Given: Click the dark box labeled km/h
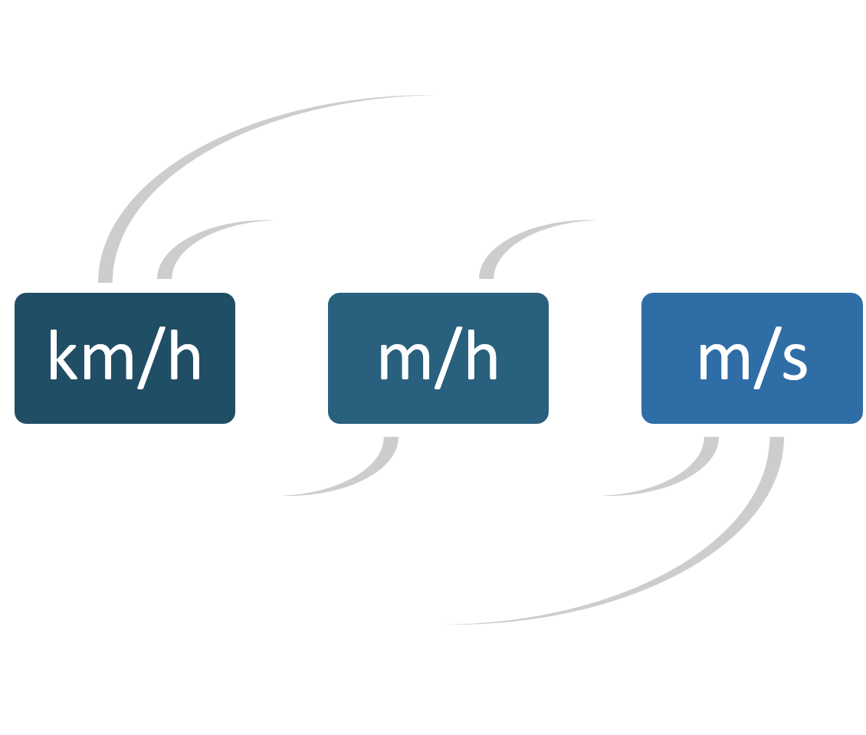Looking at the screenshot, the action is [x=125, y=359].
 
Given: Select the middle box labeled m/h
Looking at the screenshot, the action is [x=438, y=359].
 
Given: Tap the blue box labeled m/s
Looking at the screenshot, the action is [x=752, y=359].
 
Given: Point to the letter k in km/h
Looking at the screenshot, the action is [x=64, y=355].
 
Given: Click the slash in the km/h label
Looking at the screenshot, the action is [x=151, y=358].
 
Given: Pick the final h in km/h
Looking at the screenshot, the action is [x=185, y=355].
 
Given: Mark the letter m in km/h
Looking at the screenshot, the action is [x=108, y=362].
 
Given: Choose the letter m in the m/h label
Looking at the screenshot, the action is [x=405, y=362].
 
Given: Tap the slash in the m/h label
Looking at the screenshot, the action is [x=448, y=358].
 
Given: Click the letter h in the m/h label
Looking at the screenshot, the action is [x=482, y=355].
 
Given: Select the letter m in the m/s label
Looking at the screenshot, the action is [x=724, y=362].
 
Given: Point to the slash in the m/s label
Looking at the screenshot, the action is [x=768, y=358].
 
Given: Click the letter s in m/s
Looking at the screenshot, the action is [x=795, y=363].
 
